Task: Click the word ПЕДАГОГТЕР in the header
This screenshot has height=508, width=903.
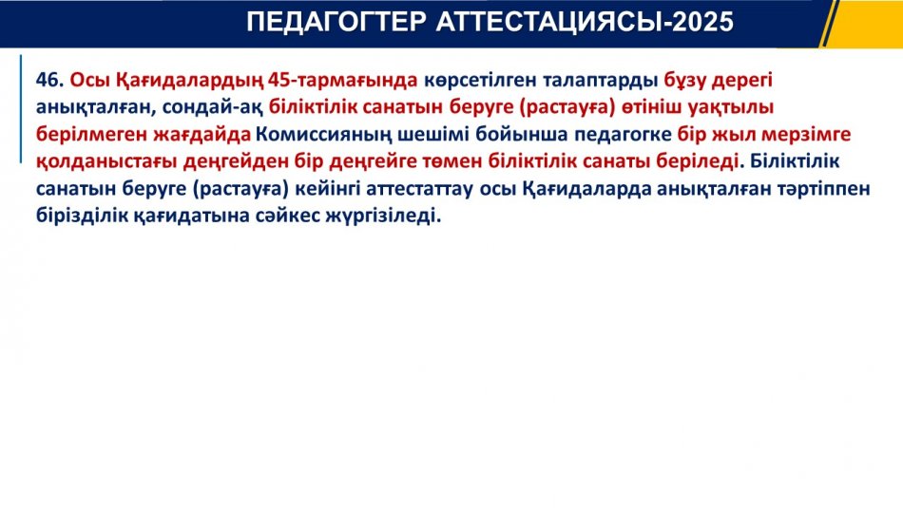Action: tap(336, 23)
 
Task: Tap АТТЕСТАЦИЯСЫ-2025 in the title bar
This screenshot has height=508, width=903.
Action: tap(585, 23)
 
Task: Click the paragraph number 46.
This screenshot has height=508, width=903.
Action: tap(49, 80)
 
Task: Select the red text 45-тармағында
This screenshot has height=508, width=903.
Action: tap(342, 81)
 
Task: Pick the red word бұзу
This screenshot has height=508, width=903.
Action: tap(684, 81)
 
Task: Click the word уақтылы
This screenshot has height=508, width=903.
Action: tap(731, 107)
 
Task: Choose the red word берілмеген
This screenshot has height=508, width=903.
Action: tap(92, 135)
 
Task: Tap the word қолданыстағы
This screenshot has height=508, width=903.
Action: tap(106, 161)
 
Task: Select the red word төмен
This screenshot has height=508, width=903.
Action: tap(452, 161)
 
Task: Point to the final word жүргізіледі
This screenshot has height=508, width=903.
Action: tap(384, 216)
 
